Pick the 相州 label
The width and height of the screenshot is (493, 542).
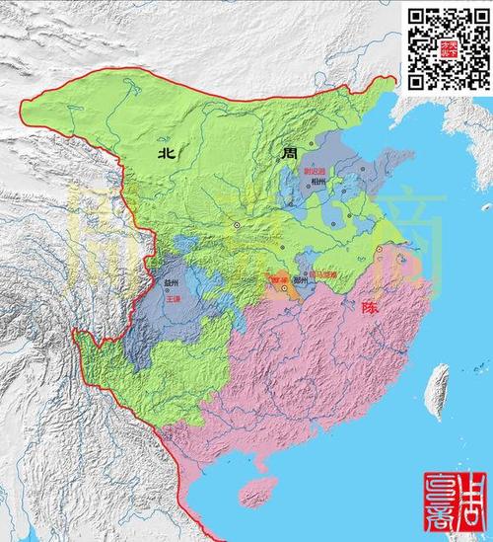point(317,182)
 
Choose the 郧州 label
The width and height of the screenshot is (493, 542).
point(303,281)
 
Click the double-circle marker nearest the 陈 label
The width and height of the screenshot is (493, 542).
point(377,259)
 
